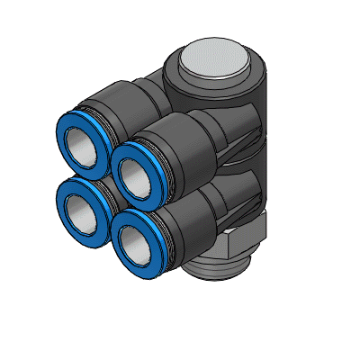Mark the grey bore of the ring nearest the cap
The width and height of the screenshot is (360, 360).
click(138, 174)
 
